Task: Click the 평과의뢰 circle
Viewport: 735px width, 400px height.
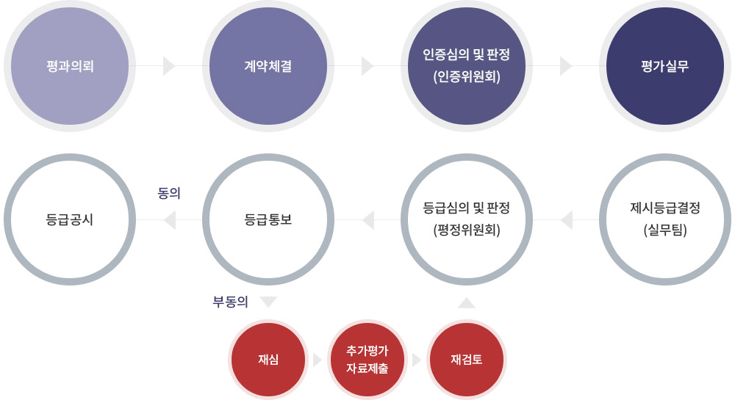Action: click(70, 66)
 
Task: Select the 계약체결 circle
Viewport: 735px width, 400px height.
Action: click(268, 66)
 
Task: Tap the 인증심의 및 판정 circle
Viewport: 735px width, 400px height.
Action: click(467, 66)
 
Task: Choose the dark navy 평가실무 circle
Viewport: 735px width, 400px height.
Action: click(664, 66)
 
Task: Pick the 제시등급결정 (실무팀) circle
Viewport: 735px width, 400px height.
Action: click(664, 219)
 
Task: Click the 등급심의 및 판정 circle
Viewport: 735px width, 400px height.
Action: click(467, 219)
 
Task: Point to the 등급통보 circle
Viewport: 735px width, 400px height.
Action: click(268, 219)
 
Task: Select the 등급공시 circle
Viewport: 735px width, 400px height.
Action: click(70, 219)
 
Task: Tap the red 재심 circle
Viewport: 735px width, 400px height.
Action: click(268, 360)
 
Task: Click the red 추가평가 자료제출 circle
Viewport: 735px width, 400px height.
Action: click(367, 360)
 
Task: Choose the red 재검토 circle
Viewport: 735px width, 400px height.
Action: click(467, 360)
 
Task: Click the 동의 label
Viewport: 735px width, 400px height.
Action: click(169, 193)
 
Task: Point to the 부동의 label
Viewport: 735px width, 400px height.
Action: click(230, 302)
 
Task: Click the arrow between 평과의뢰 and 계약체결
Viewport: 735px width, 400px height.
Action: click(169, 66)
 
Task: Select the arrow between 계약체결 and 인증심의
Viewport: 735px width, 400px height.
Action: click(367, 66)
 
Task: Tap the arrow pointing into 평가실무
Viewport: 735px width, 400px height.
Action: click(566, 66)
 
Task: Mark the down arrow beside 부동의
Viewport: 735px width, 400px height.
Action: click(268, 302)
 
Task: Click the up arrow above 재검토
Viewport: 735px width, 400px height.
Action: click(467, 302)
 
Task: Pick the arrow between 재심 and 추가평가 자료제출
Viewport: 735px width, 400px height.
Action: click(318, 360)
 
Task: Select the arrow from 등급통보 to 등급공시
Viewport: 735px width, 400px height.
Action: click(169, 220)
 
